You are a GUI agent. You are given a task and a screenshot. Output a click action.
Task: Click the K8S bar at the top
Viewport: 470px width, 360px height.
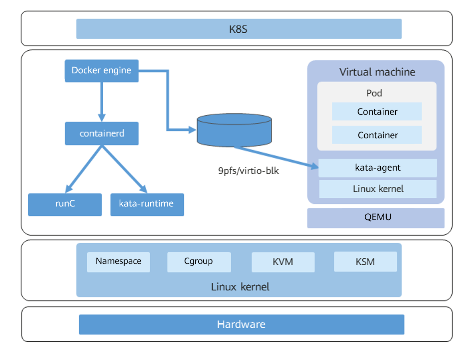point(238,29)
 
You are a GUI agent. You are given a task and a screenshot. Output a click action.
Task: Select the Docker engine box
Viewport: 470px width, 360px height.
point(101,71)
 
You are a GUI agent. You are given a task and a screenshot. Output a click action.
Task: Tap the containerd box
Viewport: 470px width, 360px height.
point(102,133)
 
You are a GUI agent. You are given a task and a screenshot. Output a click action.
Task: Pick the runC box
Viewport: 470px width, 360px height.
point(65,204)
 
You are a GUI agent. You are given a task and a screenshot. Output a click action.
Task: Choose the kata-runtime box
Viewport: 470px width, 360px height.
point(147,204)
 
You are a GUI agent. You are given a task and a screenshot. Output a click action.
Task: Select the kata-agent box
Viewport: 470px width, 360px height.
point(378,168)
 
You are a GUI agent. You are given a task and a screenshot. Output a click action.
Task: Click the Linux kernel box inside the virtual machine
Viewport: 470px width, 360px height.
point(378,189)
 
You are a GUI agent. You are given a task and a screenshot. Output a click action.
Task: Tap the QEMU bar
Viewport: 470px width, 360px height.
point(376,218)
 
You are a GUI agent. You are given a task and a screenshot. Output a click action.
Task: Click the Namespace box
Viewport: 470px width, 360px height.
point(118,262)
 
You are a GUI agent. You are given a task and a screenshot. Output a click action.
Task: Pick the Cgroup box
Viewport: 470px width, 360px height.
point(199,262)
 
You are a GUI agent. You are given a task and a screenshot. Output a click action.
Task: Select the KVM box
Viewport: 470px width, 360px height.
point(283,262)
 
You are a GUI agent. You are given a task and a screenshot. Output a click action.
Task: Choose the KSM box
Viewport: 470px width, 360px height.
point(365,262)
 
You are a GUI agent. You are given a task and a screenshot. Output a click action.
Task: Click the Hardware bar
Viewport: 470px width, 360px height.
point(241,324)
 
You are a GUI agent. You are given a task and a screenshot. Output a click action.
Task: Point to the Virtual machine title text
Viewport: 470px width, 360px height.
point(377,72)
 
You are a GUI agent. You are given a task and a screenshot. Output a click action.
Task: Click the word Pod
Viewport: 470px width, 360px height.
point(374,93)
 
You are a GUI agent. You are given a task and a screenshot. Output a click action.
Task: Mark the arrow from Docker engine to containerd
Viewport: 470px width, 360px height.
point(102,102)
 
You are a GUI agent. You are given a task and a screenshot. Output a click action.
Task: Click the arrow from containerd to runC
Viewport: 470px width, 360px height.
point(84,168)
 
